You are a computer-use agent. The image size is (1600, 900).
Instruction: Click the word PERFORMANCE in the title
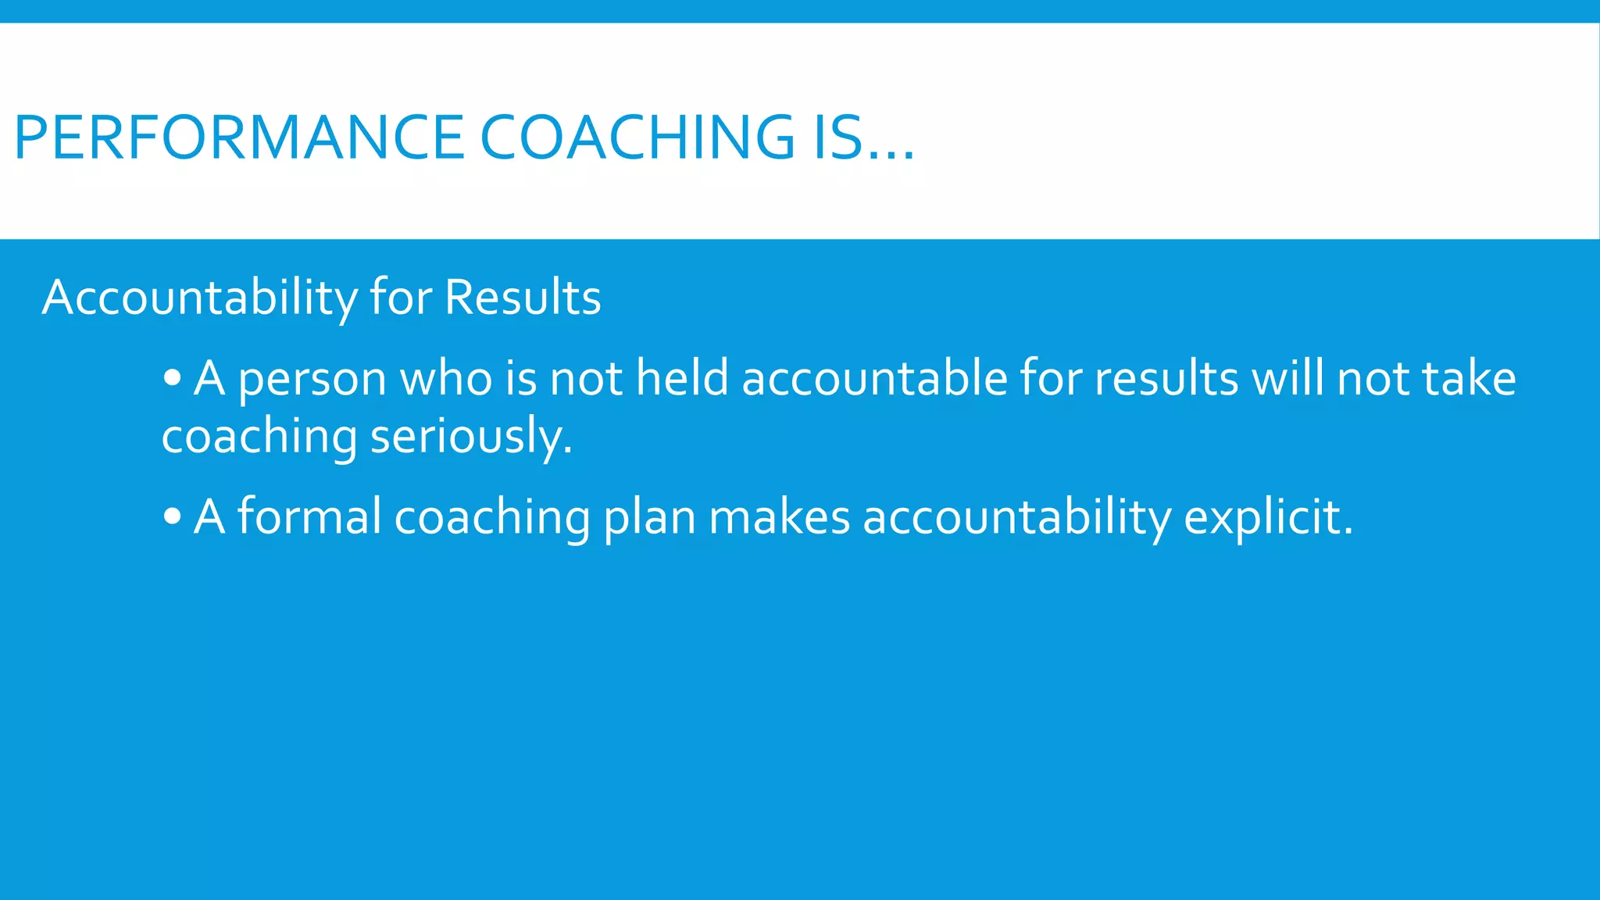click(x=239, y=138)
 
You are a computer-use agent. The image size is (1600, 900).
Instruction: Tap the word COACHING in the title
click(x=637, y=138)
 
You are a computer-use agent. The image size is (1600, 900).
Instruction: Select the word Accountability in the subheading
click(x=199, y=298)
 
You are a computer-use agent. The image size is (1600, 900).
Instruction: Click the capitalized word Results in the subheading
click(x=523, y=298)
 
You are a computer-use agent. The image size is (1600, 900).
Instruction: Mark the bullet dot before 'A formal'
click(x=173, y=517)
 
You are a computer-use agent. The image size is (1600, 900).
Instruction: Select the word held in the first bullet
click(x=682, y=379)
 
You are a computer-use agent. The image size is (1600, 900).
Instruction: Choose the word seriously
click(x=471, y=437)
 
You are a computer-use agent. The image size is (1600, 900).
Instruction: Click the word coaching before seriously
click(x=259, y=437)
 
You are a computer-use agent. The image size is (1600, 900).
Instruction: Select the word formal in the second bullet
click(x=309, y=516)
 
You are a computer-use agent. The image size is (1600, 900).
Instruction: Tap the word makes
click(x=779, y=516)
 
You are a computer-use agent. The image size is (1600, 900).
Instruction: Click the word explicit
click(x=1268, y=518)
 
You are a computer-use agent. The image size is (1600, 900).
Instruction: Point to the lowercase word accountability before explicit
click(x=1016, y=518)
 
